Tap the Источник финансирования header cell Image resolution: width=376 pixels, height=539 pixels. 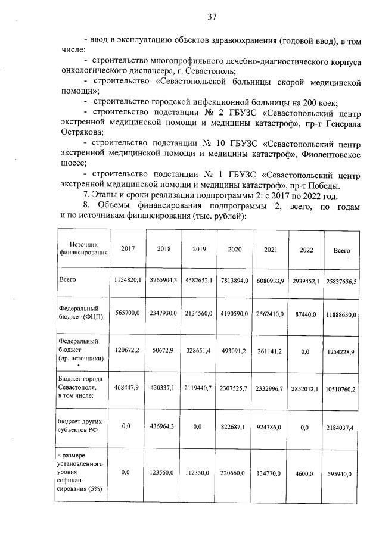point(83,248)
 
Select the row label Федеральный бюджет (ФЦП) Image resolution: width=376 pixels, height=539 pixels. point(81,313)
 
